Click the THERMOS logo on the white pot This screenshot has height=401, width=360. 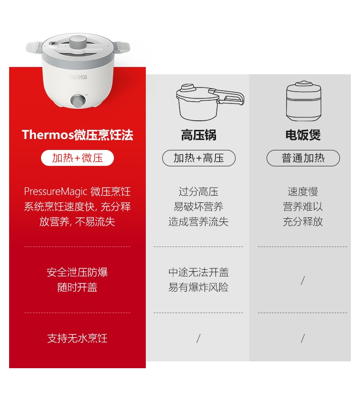tap(78, 77)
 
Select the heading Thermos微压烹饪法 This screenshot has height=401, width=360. tap(77, 135)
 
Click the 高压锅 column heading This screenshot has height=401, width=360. tap(199, 135)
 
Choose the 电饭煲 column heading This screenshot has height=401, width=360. tap(303, 135)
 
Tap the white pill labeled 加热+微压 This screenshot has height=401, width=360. tap(77, 158)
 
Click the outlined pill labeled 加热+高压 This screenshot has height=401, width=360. tap(199, 158)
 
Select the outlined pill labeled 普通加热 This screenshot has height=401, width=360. tap(303, 158)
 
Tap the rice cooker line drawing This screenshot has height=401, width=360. tap(303, 101)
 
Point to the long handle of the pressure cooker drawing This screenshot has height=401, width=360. tap(227, 96)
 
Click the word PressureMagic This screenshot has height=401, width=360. tap(56, 191)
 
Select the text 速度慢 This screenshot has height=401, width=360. tap(303, 191)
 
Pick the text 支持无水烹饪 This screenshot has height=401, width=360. tap(77, 338)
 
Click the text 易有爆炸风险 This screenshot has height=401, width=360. tap(198, 287)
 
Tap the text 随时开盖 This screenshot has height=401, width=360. tap(77, 287)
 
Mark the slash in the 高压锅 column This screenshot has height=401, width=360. tap(198, 339)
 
